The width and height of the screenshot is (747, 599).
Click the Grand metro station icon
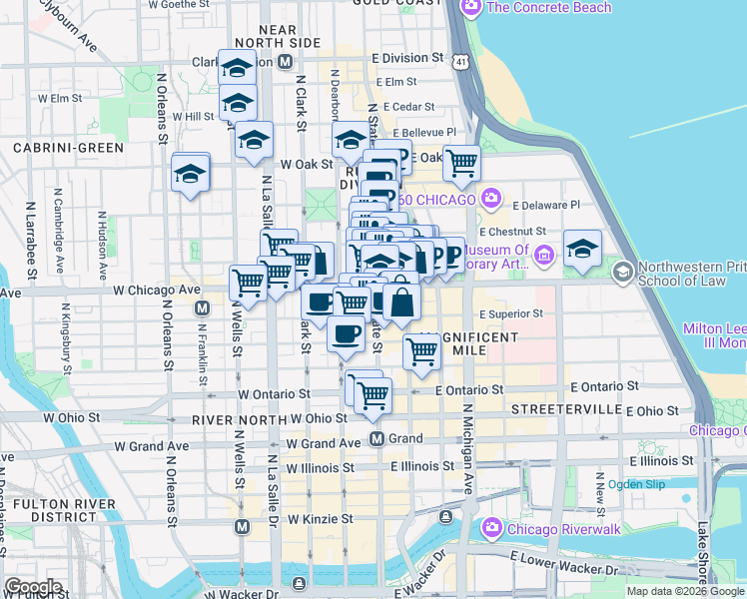(377, 439)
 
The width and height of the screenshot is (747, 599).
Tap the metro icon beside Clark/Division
(286, 62)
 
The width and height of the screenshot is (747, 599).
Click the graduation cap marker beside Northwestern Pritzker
(582, 247)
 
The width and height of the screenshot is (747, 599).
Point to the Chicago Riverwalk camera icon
(491, 527)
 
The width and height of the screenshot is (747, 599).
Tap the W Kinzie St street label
(321, 519)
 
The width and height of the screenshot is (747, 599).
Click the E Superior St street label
(510, 313)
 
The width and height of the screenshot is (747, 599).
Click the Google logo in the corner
(32, 587)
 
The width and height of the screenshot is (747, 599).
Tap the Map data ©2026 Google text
(685, 591)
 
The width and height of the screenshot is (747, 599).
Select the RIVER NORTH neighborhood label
(244, 418)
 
